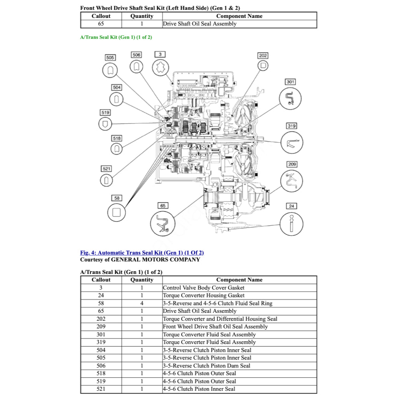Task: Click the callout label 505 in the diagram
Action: [x=110, y=58]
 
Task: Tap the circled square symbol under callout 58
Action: [x=116, y=212]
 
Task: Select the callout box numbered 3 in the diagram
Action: [x=160, y=54]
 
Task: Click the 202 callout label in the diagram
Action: [x=263, y=56]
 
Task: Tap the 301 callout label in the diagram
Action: [x=290, y=82]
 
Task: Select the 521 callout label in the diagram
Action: [x=106, y=169]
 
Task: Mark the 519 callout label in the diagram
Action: [x=105, y=112]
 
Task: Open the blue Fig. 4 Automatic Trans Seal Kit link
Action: [x=142, y=253]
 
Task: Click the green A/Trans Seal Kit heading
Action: [x=116, y=37]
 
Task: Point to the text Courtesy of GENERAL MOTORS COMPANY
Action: [x=140, y=259]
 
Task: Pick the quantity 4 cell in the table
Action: [x=142, y=303]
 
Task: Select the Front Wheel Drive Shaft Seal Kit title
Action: [x=160, y=8]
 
